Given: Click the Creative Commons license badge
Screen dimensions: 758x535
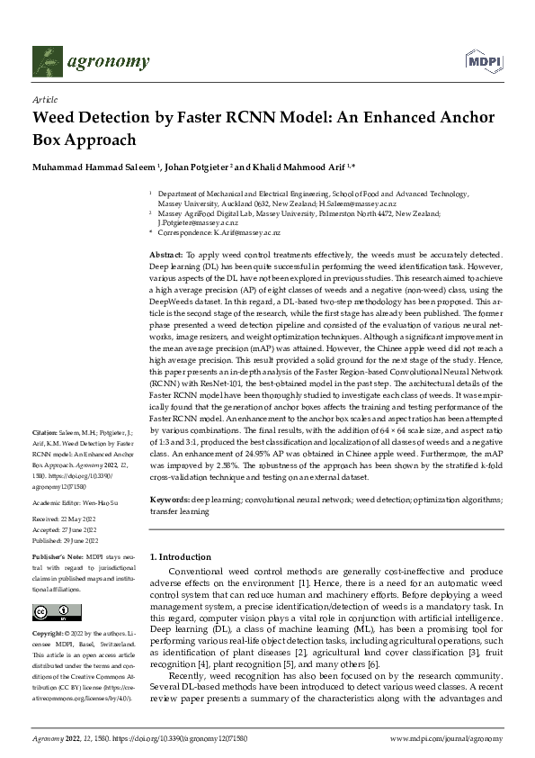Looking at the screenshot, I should click(x=53, y=613).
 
